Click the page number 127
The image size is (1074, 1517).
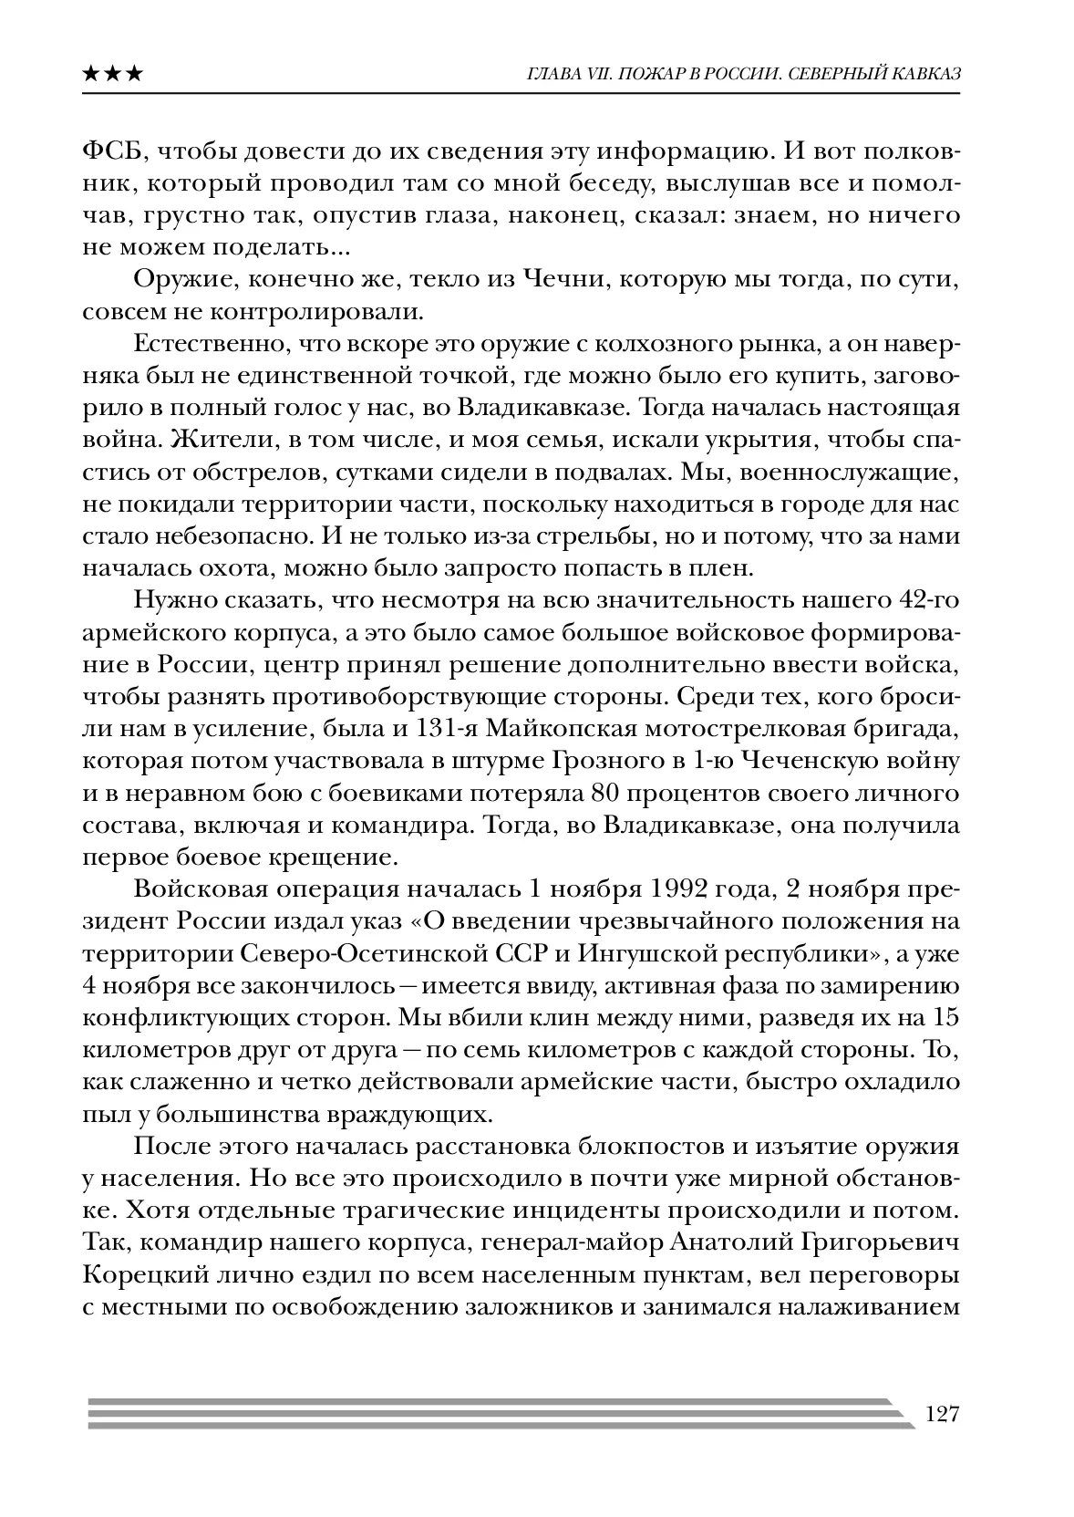[943, 1415]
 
